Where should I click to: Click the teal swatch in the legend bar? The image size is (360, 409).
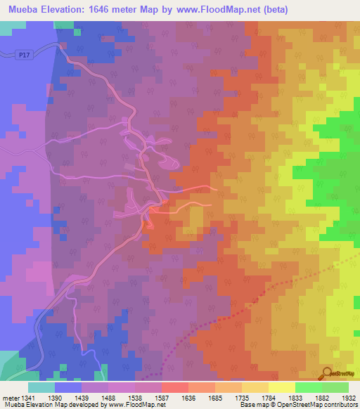tap(41, 387)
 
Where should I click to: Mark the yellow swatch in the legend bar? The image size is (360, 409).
tap(281, 387)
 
